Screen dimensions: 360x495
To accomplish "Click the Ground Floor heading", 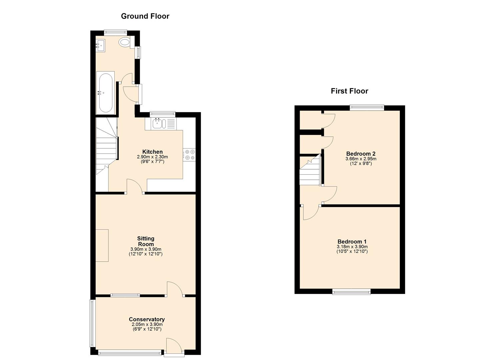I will click(145, 16).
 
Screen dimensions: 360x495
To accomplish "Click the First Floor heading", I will click(349, 91).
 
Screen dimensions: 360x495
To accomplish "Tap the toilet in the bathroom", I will click(125, 42).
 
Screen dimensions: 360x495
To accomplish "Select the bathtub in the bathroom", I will click(106, 93).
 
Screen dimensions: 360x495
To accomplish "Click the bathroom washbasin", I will click(100, 45).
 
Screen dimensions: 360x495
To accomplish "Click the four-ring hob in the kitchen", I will click(190, 155).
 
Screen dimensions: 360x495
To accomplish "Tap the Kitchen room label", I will click(152, 152).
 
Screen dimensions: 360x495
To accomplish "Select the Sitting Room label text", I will click(146, 241).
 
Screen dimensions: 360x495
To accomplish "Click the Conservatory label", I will click(147, 319).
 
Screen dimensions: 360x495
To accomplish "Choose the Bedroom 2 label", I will click(361, 154).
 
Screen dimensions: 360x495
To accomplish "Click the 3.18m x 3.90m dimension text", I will click(352, 247).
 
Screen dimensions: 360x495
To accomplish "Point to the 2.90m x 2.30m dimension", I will click(152, 157).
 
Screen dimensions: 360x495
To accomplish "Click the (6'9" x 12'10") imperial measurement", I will click(147, 329).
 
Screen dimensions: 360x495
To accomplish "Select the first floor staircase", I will click(310, 172).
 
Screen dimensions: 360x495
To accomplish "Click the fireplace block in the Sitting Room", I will click(102, 245).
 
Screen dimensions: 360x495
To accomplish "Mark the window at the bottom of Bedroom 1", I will click(351, 292).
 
